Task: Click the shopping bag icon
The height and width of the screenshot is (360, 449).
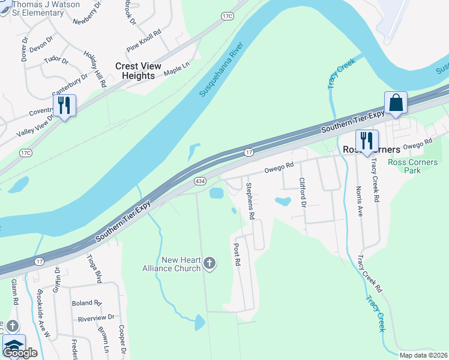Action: click(396, 102)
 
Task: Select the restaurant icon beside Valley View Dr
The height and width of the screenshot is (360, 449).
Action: click(64, 106)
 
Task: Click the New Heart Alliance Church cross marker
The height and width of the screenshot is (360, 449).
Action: click(209, 262)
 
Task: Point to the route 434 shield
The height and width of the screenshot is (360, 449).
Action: click(200, 181)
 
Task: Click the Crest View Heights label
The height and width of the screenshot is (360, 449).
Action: click(138, 71)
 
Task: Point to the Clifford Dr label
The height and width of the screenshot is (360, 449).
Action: click(303, 190)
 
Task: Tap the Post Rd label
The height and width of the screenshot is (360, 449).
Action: click(237, 255)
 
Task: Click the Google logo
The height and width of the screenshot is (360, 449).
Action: click(20, 353)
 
